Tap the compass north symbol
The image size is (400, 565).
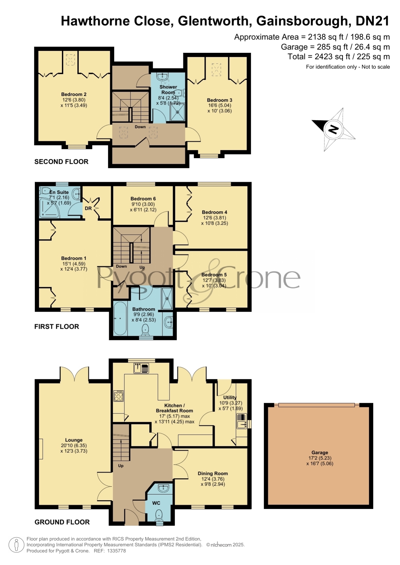(334, 129)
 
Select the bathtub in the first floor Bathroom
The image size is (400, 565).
(120, 318)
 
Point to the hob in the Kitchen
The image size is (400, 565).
(118, 396)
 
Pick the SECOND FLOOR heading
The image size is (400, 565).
(61, 162)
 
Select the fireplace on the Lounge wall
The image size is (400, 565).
(41, 449)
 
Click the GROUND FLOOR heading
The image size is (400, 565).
(62, 522)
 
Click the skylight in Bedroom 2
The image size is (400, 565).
(70, 60)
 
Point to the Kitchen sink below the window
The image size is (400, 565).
(141, 368)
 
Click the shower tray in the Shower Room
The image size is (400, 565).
(178, 112)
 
